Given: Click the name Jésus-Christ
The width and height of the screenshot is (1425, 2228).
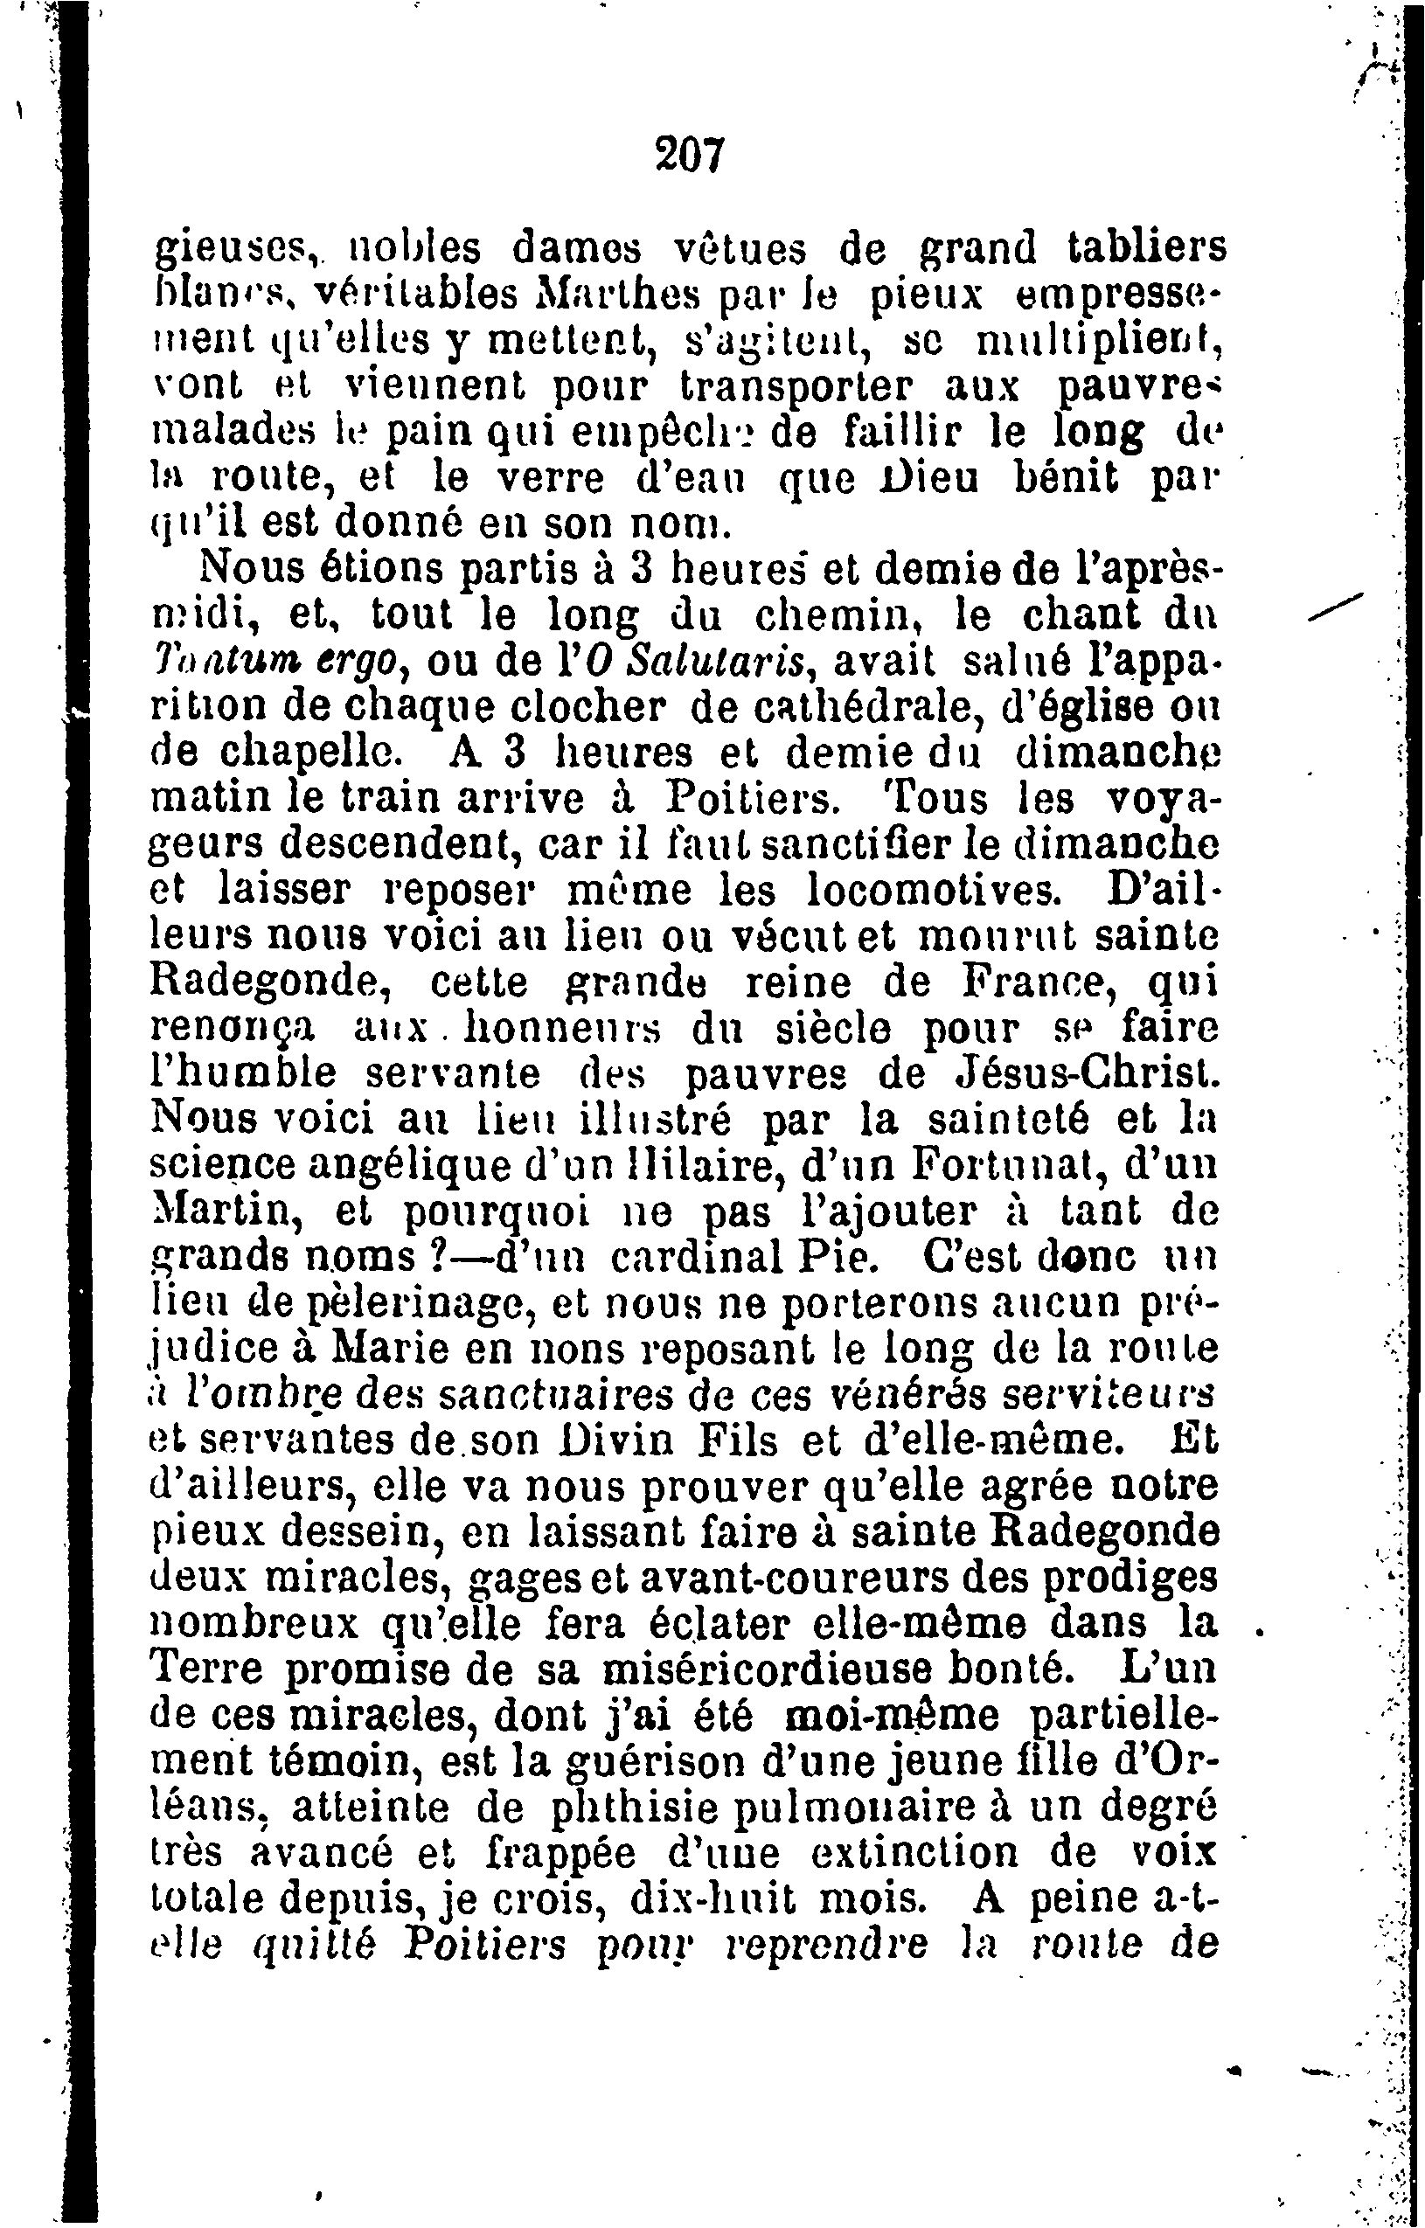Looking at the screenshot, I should click(1081, 1074).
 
